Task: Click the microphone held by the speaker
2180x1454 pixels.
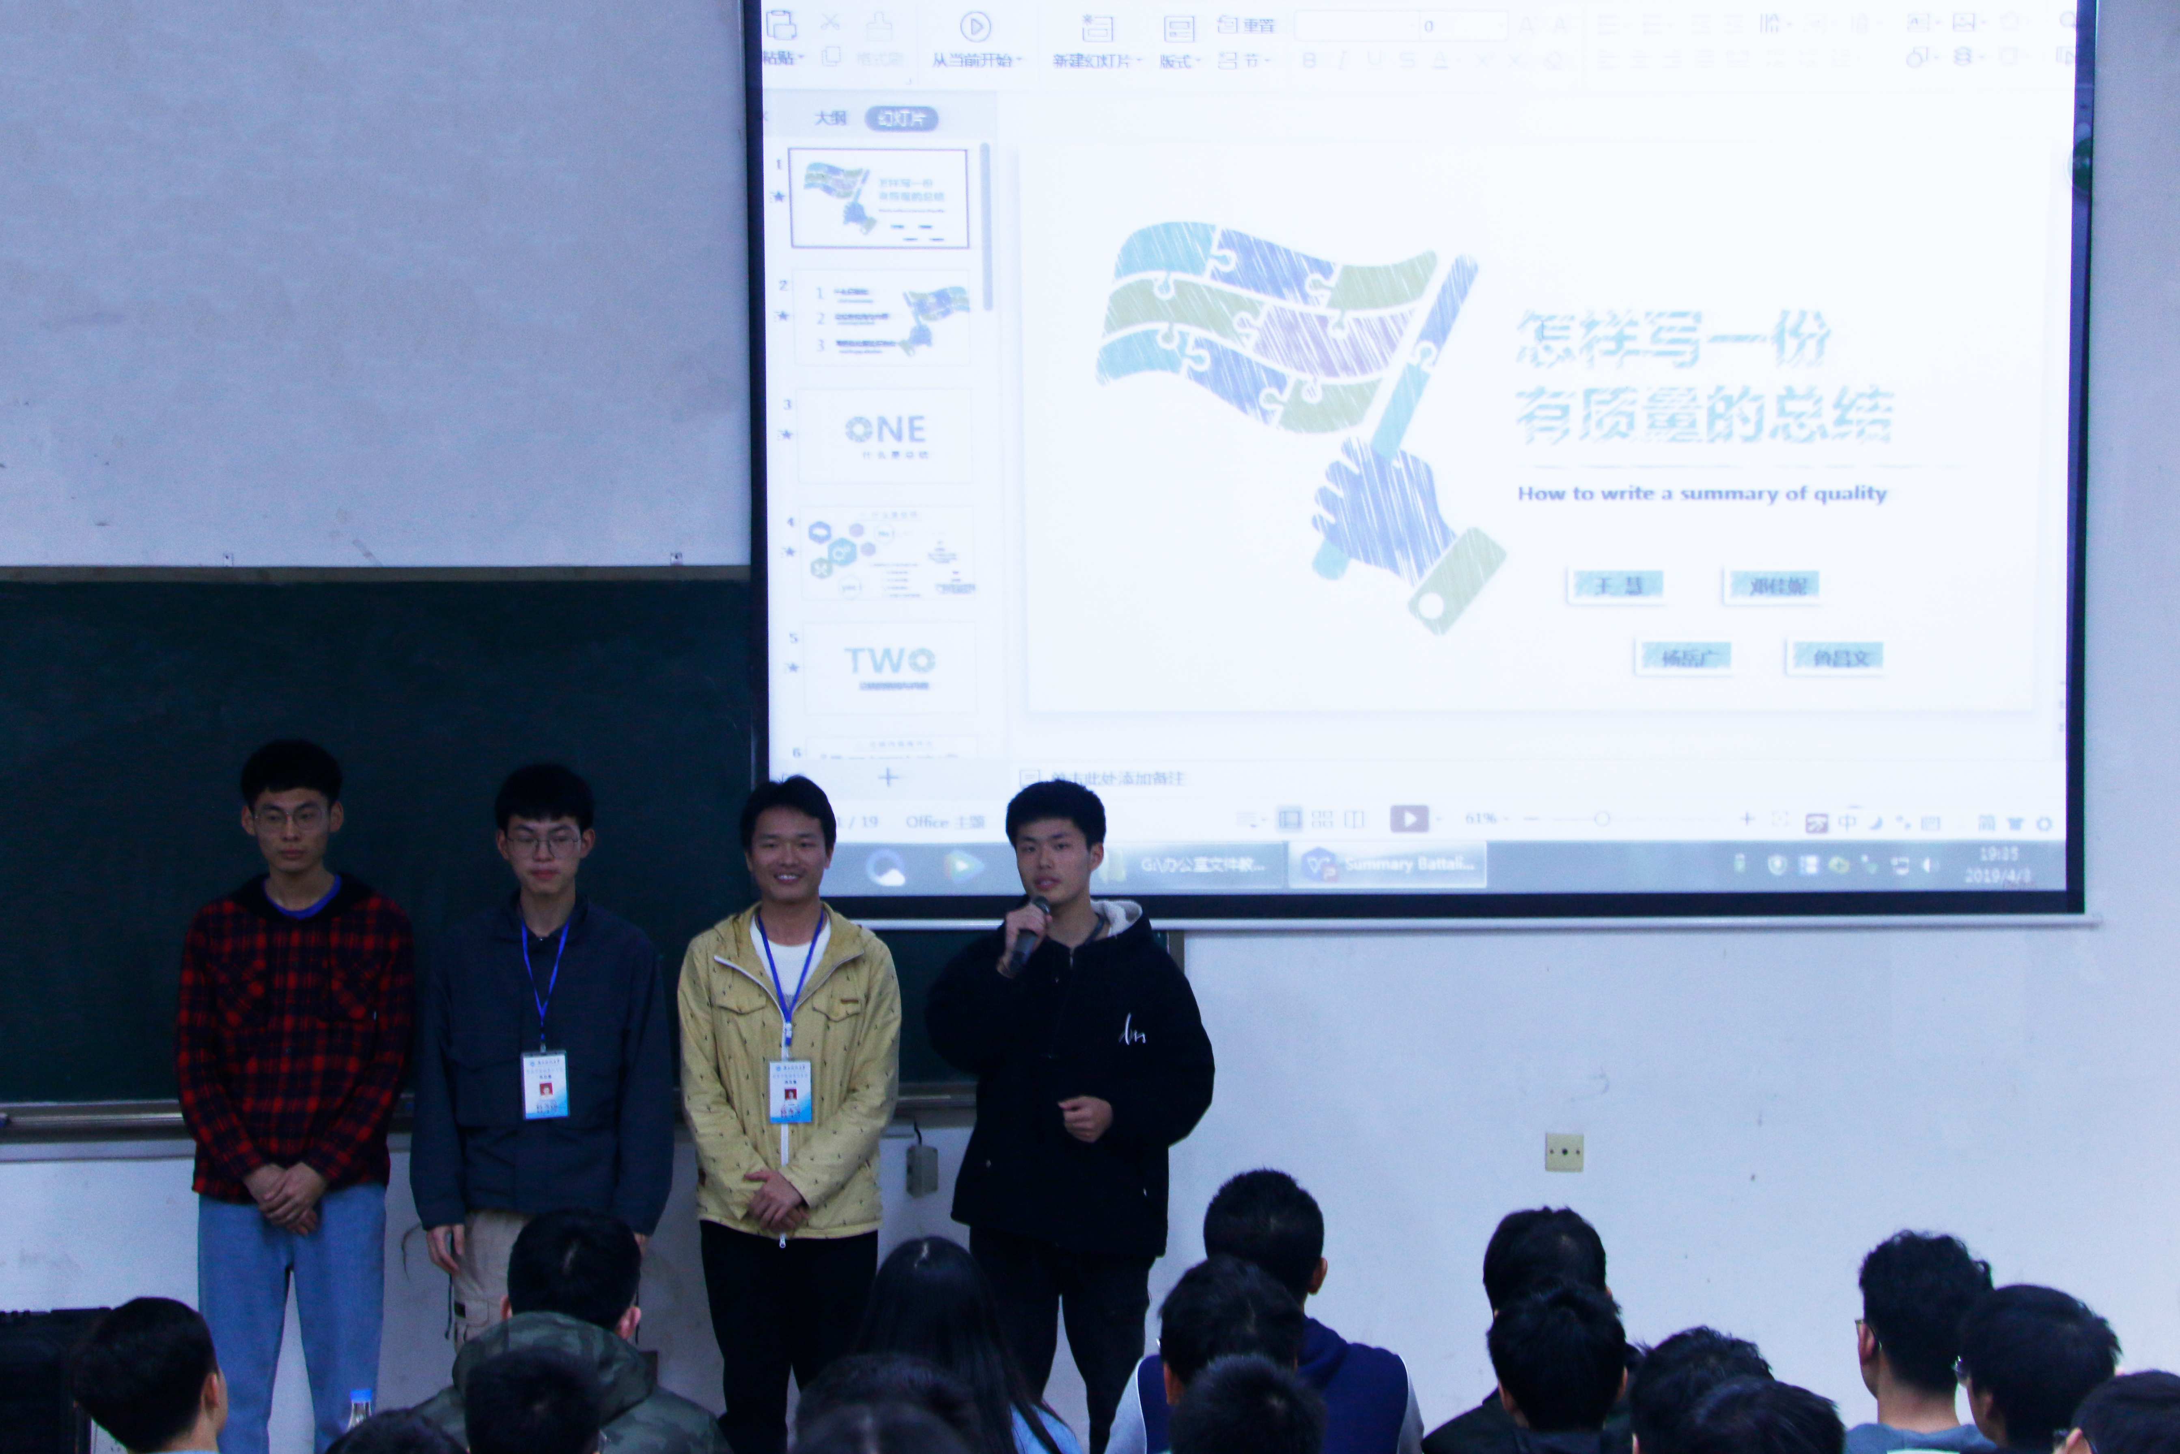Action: [1029, 932]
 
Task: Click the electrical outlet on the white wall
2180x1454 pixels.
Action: [1564, 1152]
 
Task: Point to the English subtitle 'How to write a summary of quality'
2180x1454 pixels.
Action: [1702, 493]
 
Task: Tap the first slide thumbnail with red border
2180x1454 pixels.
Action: [878, 197]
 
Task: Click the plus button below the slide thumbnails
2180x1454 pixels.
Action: [888, 777]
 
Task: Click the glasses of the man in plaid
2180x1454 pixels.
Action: [290, 818]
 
